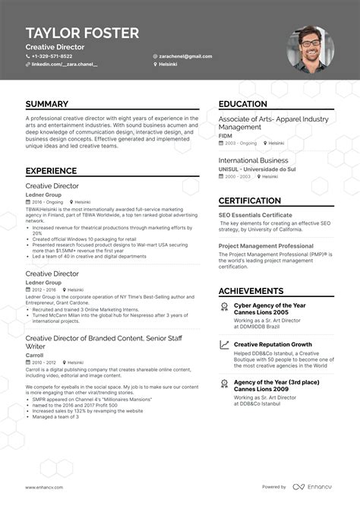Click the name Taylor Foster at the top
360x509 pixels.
coord(82,33)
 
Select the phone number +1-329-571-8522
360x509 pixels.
coord(52,56)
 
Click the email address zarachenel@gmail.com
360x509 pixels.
coord(185,56)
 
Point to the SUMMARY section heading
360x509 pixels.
coord(46,104)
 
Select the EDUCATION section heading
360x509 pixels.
coord(248,104)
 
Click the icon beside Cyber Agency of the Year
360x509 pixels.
coord(224,286)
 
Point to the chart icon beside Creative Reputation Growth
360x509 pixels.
coord(224,324)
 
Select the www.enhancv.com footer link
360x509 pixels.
coord(44,487)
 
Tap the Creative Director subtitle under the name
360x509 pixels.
coord(55,46)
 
